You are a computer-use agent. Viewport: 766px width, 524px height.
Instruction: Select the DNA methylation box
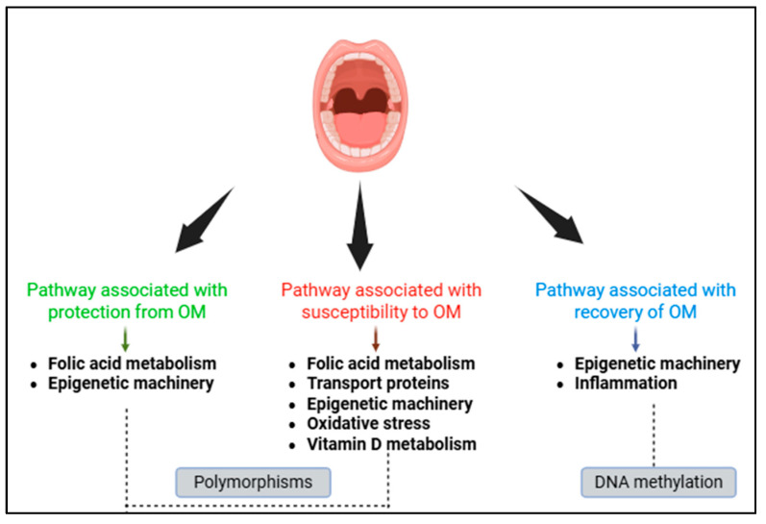[658, 482]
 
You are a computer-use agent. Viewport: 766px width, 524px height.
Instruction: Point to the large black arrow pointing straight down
[360, 230]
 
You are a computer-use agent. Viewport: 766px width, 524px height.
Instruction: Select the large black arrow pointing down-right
[552, 212]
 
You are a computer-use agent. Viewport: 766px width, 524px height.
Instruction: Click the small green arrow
[125, 339]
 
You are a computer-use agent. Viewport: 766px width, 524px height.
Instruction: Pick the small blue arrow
[634, 339]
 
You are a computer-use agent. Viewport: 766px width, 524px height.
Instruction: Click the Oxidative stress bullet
[368, 424]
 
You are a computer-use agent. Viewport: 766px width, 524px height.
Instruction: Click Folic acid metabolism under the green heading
[132, 363]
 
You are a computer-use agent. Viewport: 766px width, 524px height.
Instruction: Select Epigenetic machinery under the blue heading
[657, 363]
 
